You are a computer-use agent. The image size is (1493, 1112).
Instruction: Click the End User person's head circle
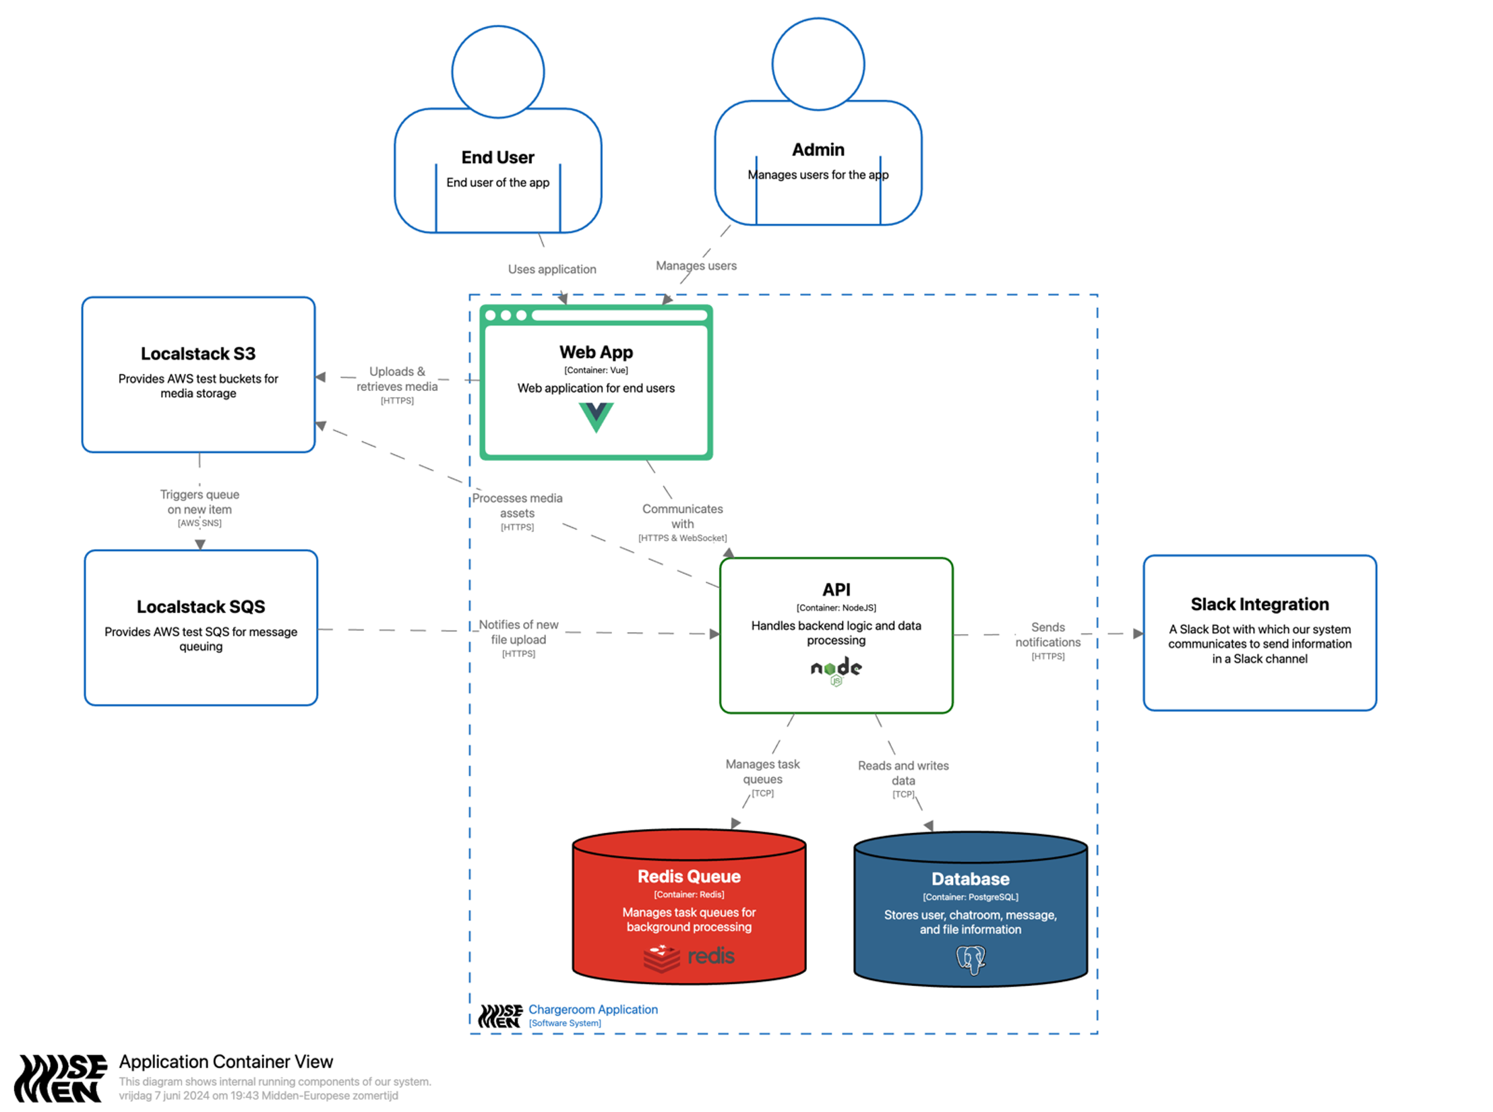click(497, 71)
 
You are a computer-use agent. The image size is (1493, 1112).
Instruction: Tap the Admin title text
click(818, 150)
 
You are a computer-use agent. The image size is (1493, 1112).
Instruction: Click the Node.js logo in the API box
click(836, 671)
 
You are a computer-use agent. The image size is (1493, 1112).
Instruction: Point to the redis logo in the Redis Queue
click(689, 957)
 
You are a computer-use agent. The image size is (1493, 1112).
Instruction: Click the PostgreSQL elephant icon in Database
click(971, 960)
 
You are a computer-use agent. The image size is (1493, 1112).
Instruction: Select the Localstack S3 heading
click(198, 354)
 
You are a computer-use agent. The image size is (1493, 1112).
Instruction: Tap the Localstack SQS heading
click(201, 607)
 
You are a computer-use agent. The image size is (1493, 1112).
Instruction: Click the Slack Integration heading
click(1259, 604)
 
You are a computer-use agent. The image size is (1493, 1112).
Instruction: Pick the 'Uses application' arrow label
click(552, 269)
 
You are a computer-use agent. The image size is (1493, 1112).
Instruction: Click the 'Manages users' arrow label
click(696, 266)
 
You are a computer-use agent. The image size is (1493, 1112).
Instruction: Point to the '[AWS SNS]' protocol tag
click(200, 523)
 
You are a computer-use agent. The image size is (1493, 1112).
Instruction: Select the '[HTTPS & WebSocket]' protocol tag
click(682, 538)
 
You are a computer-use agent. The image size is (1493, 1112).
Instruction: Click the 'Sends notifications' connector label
click(1047, 635)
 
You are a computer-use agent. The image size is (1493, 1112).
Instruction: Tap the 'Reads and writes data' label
click(903, 773)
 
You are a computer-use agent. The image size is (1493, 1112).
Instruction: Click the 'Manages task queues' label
click(762, 772)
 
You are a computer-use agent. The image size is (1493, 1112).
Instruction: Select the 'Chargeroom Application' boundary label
click(592, 1009)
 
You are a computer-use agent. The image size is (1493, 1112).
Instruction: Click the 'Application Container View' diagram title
click(226, 1061)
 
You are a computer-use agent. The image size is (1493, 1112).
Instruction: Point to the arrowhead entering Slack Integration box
click(1138, 634)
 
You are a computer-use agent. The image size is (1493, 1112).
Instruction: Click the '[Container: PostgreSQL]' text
click(970, 897)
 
